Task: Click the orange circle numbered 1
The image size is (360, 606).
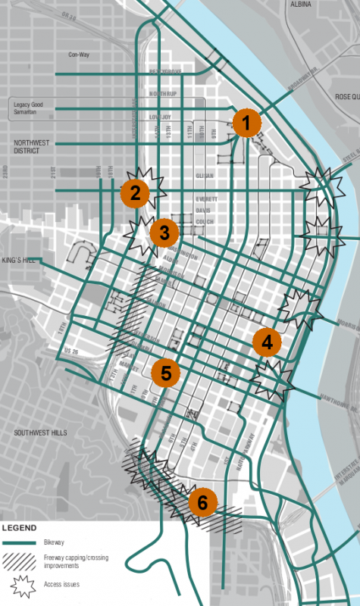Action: pos(246,122)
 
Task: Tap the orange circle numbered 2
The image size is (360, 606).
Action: pos(135,193)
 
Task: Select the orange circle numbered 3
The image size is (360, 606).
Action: pos(163,233)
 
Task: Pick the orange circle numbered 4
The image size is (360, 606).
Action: pos(266,342)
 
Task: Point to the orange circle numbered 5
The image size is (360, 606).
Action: pos(165,372)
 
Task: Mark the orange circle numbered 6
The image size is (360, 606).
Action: pos(202,501)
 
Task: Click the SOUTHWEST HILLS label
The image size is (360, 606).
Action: pos(41,433)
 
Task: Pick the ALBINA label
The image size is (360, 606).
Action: pos(301,5)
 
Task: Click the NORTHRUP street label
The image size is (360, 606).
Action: pos(161,94)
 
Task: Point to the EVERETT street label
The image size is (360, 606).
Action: pos(205,199)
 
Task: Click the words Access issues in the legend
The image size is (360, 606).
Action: pos(63,584)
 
